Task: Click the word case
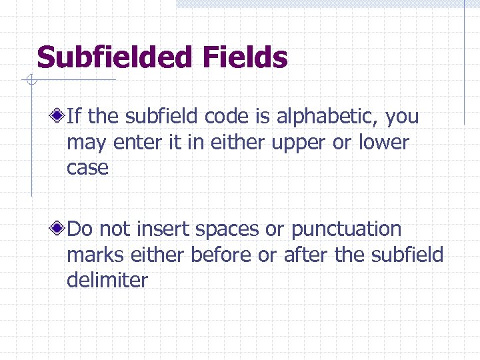pyautogui.click(x=87, y=167)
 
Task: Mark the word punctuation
pyautogui.click(x=346, y=229)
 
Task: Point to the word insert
pyautogui.click(x=163, y=229)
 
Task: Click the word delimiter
pyautogui.click(x=107, y=280)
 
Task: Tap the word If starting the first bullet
pyautogui.click(x=74, y=117)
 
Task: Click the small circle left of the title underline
pyautogui.click(x=30, y=81)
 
